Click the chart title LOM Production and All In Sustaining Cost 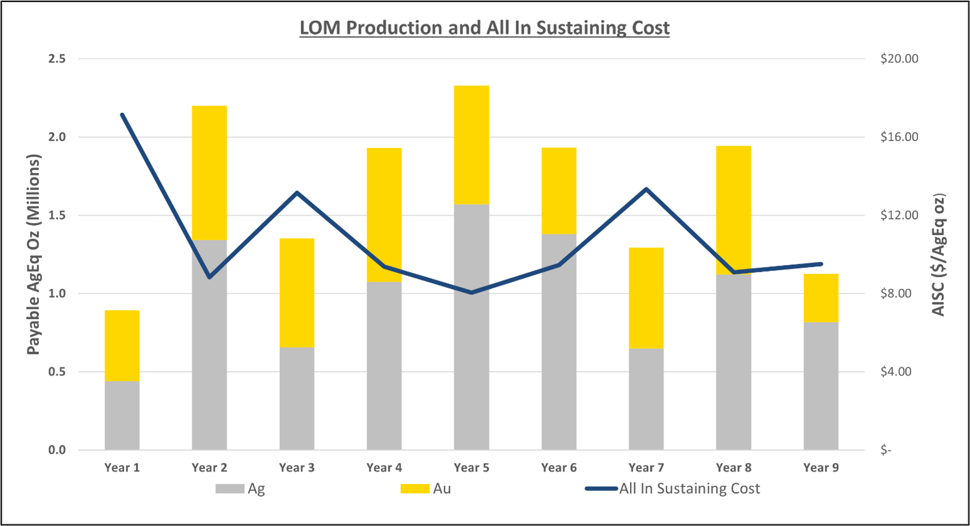484,28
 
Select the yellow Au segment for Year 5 471,145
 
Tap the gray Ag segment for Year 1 122,415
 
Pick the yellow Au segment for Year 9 821,298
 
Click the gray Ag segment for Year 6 558,342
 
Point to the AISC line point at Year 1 122,115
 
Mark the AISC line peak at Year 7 646,189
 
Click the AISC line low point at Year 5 471,293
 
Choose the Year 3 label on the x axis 297,468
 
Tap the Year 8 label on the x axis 733,468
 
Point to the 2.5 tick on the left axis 56,59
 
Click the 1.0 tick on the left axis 56,293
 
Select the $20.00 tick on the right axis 899,59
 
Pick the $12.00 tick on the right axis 899,215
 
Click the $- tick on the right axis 885,450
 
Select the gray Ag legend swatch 230,489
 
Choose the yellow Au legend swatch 415,489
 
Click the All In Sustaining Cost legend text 689,489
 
